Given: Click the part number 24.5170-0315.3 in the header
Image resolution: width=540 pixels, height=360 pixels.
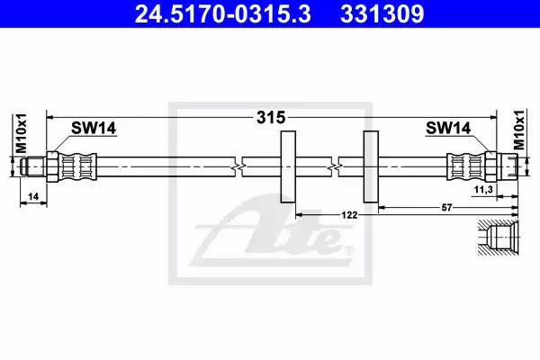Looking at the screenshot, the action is click(x=223, y=13).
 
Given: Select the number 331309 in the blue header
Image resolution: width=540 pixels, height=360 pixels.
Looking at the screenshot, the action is click(x=382, y=13).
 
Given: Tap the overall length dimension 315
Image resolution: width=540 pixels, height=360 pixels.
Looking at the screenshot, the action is click(x=271, y=118).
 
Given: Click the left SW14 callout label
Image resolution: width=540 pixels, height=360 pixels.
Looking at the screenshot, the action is click(x=94, y=128).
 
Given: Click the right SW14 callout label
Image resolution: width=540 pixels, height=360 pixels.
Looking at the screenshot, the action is click(x=448, y=128).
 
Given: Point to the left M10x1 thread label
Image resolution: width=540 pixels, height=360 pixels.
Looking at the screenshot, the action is click(x=22, y=133).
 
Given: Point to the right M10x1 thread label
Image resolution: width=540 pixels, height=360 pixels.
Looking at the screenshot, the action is click(x=519, y=130).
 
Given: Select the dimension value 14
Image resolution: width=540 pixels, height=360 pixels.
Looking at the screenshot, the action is click(x=33, y=197).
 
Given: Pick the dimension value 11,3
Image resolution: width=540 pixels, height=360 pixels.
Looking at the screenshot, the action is click(x=483, y=190).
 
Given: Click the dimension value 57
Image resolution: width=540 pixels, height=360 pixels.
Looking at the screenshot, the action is click(x=446, y=208).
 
